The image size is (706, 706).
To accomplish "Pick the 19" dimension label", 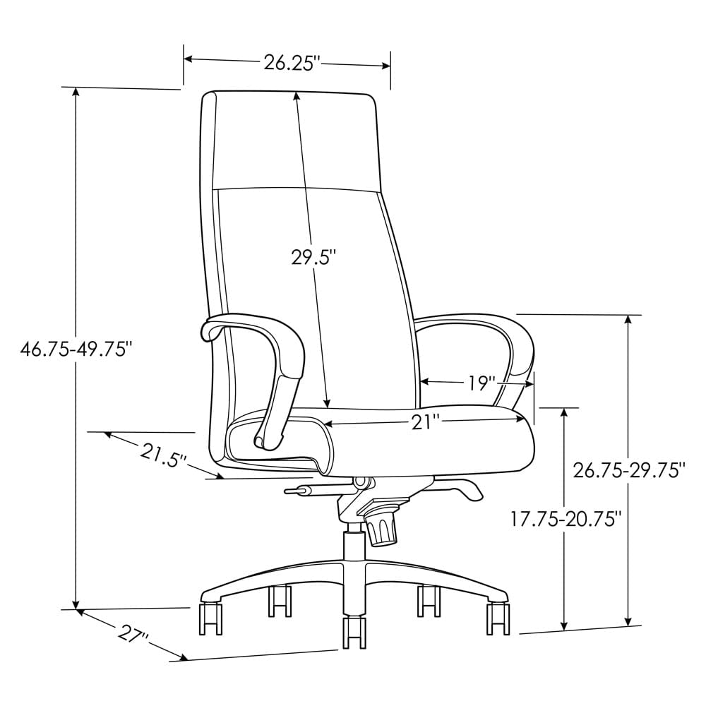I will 481,383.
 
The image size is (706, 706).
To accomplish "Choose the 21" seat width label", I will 426,421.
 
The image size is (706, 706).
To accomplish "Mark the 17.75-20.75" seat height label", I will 566,519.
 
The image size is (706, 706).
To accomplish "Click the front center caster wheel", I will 354,631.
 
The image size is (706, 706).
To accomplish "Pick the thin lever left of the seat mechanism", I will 300,489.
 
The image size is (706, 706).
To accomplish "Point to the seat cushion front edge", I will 424,452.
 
